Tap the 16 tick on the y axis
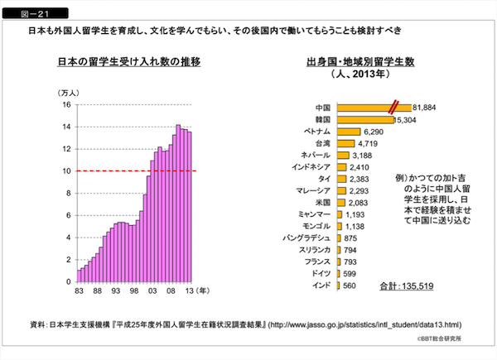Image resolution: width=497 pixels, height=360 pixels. [x=67, y=105]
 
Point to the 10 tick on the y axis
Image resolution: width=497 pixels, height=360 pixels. [x=67, y=171]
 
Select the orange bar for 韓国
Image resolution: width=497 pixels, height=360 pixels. [x=364, y=119]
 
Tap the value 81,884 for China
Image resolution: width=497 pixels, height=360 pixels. [x=423, y=108]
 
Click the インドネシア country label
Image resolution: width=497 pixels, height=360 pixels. [x=312, y=167]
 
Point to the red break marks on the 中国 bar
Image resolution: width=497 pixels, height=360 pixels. [x=397, y=107]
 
